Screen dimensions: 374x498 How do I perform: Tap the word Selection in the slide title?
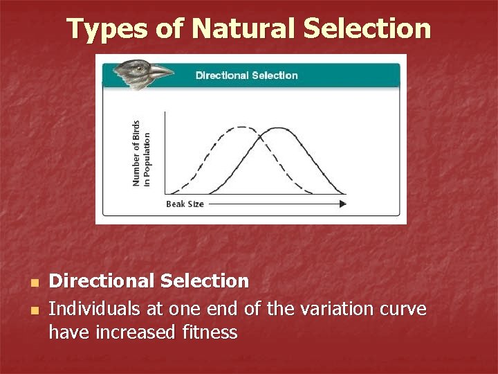tap(367, 29)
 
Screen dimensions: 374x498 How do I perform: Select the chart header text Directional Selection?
tap(247, 75)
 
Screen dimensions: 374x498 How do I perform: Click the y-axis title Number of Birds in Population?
tap(140, 152)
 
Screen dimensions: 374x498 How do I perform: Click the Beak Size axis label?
tap(185, 204)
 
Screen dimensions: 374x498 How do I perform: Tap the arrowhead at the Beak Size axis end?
tap(342, 204)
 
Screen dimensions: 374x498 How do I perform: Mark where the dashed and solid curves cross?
tap(260, 137)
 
